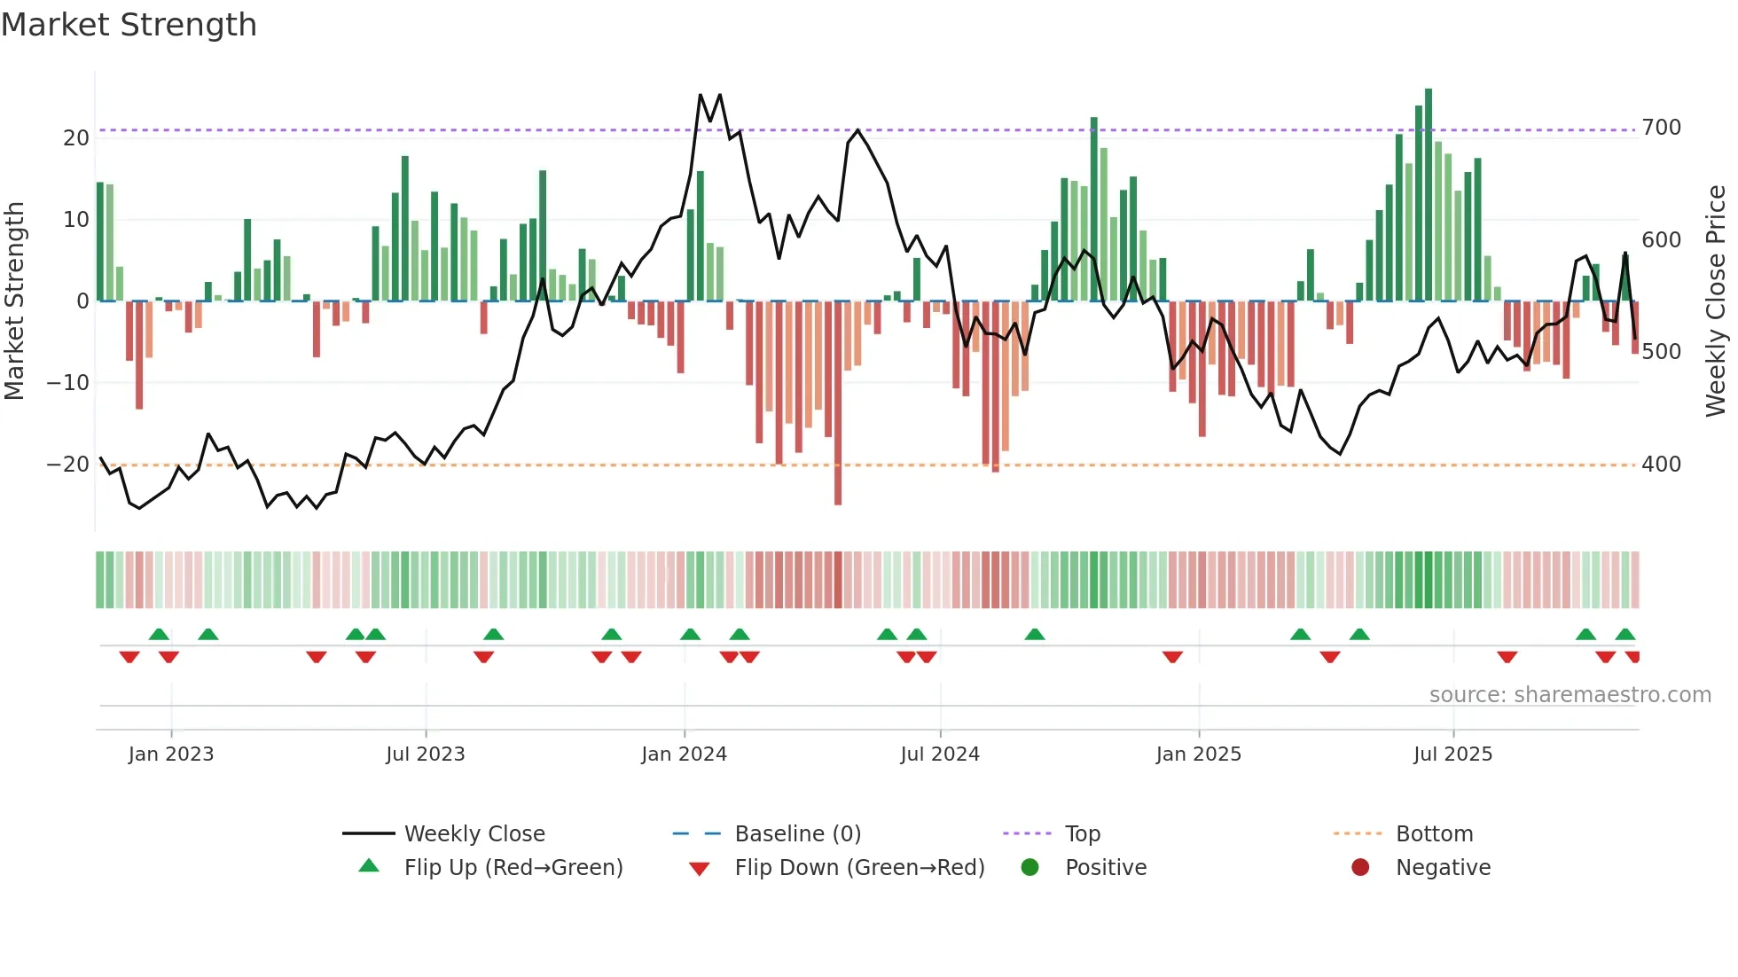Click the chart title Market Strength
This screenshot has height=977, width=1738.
129,25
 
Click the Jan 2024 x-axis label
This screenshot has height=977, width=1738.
684,754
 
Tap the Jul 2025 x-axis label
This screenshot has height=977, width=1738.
1452,754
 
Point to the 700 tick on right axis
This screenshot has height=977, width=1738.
1661,128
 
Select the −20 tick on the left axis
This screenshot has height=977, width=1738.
68,465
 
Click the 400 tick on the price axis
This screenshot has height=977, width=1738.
1661,465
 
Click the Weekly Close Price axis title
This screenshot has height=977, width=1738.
1716,301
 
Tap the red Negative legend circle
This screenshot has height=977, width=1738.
1360,868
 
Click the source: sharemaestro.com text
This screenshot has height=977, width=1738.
1570,695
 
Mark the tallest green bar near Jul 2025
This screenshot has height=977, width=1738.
1429,195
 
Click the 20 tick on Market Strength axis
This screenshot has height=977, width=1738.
76,138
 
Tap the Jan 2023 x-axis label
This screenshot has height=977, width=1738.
171,754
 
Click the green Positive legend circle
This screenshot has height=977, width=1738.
1029,868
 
